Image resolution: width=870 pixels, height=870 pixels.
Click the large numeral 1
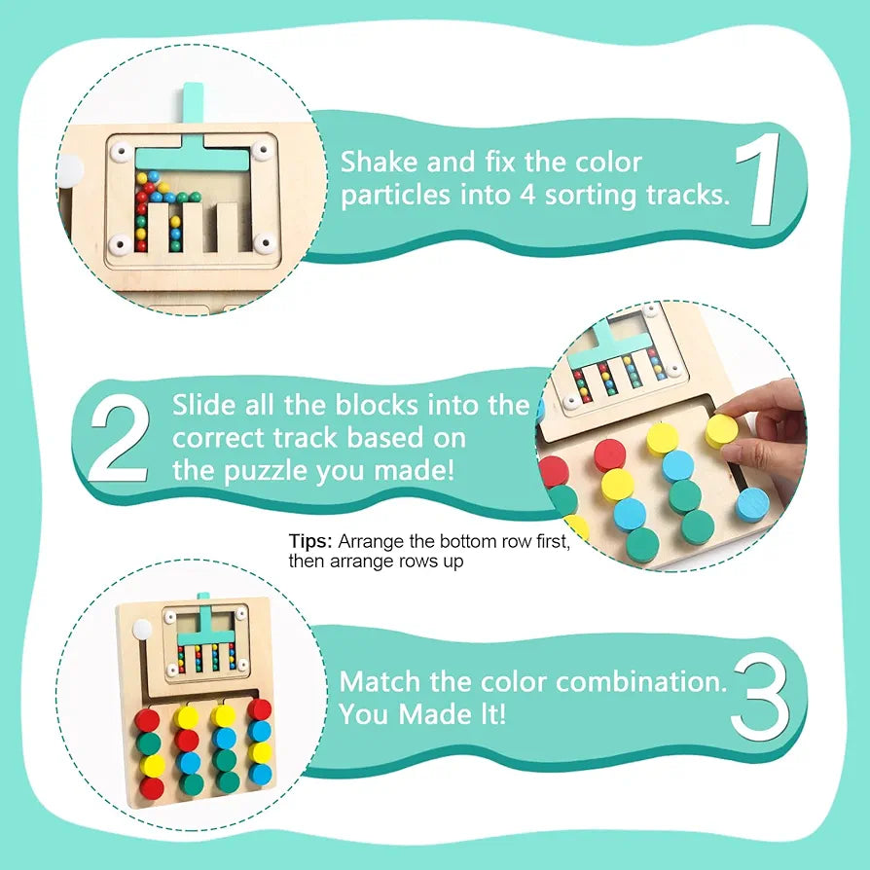(761, 180)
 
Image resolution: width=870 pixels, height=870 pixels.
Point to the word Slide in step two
(205, 405)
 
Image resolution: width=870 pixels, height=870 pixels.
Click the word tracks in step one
(687, 195)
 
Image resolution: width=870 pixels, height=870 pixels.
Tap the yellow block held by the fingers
(722, 430)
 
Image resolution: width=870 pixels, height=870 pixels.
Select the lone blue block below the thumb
(751, 503)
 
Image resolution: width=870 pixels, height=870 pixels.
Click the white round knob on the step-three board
(143, 630)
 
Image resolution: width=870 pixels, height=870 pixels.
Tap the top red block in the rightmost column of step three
(259, 709)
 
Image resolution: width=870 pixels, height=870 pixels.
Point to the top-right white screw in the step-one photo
(260, 152)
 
